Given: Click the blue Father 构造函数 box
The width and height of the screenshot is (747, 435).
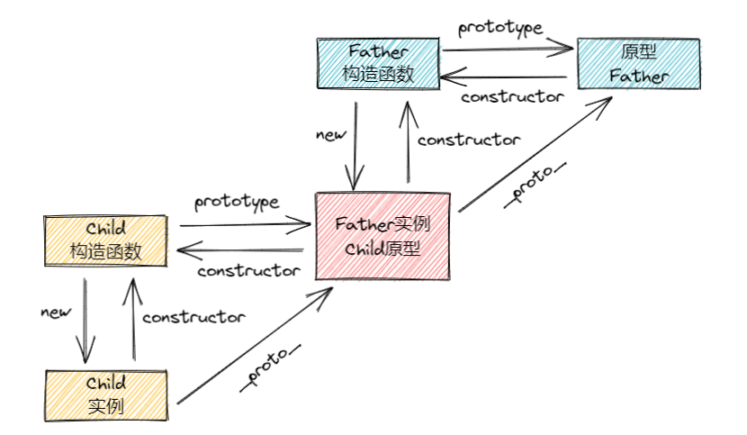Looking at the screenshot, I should point(377,63).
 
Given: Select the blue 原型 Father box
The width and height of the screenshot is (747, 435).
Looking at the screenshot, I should point(638,63).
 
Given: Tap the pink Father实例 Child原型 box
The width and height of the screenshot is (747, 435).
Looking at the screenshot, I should point(382,236).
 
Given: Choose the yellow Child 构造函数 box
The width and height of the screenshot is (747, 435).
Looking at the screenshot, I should point(105,240).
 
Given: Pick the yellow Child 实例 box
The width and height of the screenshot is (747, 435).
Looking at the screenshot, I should point(105,394).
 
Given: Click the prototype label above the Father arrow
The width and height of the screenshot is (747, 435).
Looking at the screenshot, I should point(500,27).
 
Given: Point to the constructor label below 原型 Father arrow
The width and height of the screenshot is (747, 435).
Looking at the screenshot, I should point(512,96).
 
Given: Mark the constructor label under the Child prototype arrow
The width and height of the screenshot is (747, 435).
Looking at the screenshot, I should point(248,270).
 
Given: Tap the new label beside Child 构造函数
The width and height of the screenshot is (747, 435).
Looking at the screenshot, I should point(56,312).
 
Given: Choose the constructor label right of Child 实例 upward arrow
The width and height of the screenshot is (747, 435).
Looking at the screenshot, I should point(193,316).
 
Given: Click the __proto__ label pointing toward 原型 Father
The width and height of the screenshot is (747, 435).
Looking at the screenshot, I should point(531,183).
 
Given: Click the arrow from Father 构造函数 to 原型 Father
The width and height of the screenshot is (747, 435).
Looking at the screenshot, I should point(508,50).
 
